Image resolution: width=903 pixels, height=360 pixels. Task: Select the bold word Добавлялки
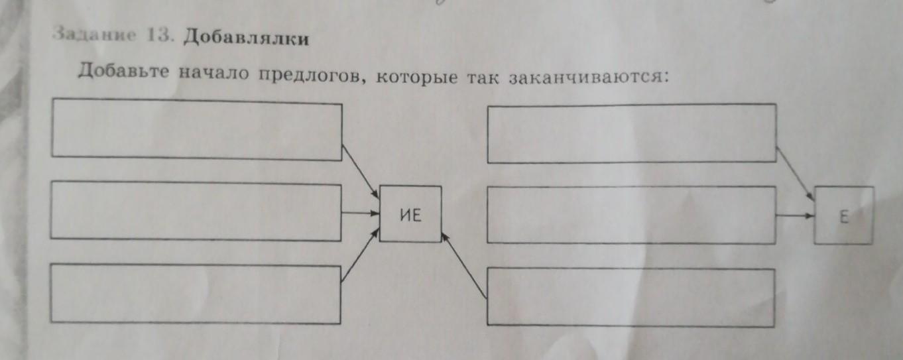(x=245, y=38)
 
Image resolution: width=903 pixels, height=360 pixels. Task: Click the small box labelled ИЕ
(x=410, y=214)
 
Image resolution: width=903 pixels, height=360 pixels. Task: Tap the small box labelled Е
(x=844, y=215)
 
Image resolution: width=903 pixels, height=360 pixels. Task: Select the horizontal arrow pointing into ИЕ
(x=360, y=213)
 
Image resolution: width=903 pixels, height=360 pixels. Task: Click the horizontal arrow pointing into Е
(x=795, y=215)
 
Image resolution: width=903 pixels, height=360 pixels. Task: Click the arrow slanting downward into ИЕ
(x=360, y=170)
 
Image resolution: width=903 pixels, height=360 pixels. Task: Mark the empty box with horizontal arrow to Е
(x=631, y=215)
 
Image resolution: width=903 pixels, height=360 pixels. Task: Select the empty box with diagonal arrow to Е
(x=631, y=133)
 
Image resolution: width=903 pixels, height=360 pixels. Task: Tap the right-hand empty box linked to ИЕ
(x=631, y=297)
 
